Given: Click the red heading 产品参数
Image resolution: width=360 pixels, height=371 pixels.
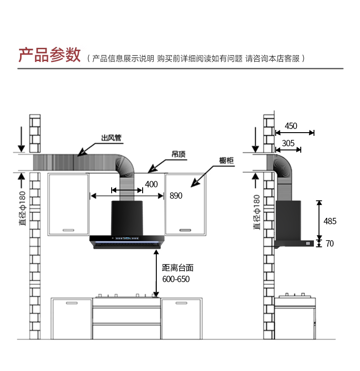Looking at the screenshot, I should coord(49,55).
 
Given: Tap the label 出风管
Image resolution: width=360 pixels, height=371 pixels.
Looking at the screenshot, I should coord(111,138).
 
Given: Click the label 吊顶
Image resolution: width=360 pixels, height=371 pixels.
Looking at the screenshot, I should coord(178,155).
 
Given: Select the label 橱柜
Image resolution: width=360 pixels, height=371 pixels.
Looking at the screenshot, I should coord(226,160).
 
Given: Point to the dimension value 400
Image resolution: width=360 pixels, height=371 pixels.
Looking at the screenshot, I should coord(151,185).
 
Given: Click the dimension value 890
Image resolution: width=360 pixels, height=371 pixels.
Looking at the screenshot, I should coord(176,196).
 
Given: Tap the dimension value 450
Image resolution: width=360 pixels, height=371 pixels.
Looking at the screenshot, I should coord(291,126).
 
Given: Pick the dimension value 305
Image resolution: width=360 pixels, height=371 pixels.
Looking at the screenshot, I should coord(288,143).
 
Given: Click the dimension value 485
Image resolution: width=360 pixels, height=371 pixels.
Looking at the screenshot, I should coord(330,221).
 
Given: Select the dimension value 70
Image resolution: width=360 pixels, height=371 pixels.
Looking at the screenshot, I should coord(329,244).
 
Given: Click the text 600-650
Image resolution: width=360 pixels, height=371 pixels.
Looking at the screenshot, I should coord(176,279).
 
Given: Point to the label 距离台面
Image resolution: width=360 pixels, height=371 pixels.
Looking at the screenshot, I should coord(178,268).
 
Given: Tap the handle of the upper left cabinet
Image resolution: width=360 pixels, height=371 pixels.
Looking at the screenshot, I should coord(68,229).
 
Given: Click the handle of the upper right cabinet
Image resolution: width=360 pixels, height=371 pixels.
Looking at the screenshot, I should coord(185,229).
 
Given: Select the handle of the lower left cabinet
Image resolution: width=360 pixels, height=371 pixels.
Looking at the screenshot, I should coord(72,303).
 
